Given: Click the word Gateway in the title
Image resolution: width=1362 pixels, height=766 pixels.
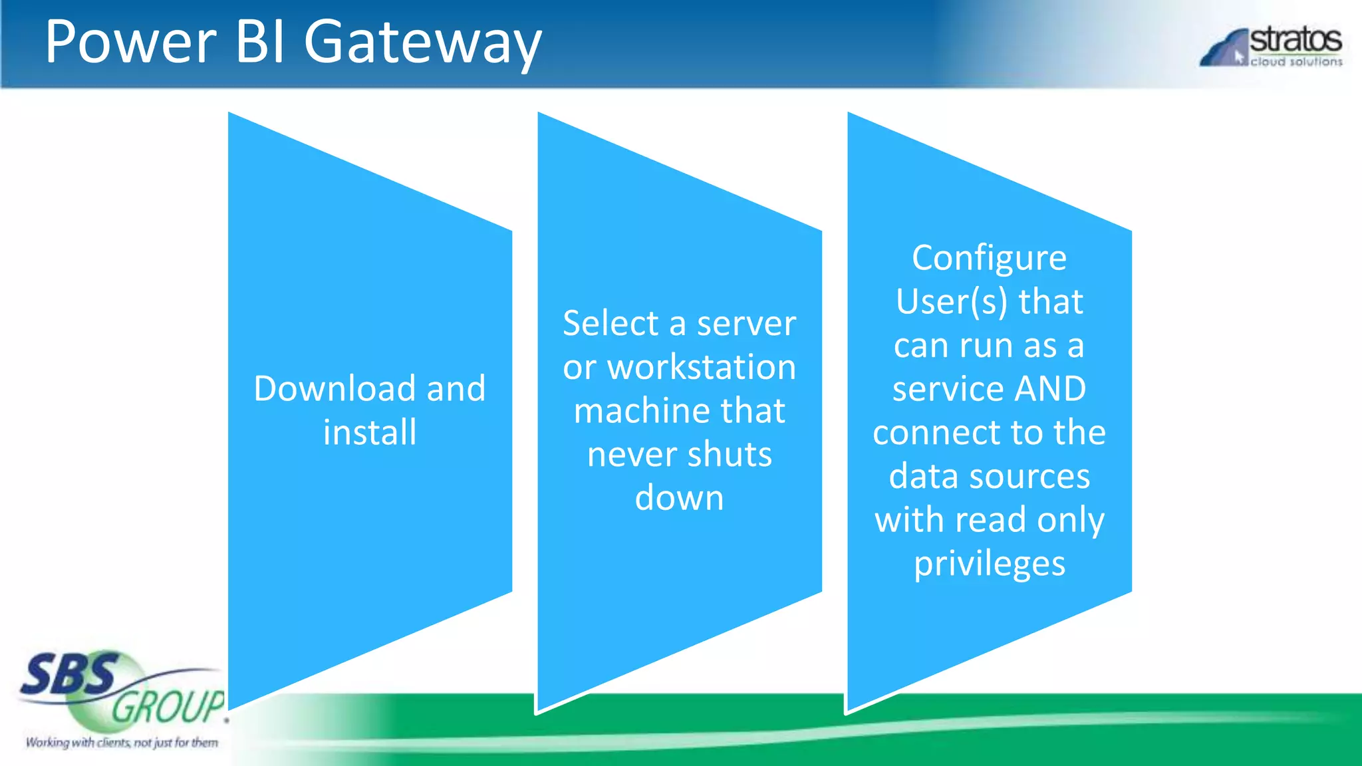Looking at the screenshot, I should point(423,43).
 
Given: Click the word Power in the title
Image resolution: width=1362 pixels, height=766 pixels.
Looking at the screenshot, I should point(130,43).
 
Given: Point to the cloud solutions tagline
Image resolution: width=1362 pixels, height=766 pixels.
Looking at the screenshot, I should point(1296,62).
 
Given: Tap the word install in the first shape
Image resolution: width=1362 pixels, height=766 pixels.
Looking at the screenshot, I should point(370,432).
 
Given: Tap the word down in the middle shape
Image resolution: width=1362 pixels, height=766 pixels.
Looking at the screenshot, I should point(679,498).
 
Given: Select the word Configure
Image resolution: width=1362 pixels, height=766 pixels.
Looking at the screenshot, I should point(989,258).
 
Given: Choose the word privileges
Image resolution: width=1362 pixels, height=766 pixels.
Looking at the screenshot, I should point(989,564).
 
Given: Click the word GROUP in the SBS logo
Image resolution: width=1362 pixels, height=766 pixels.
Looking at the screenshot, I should point(168,706).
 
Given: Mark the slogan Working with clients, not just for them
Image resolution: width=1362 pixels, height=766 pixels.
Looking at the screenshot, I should point(122,742).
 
